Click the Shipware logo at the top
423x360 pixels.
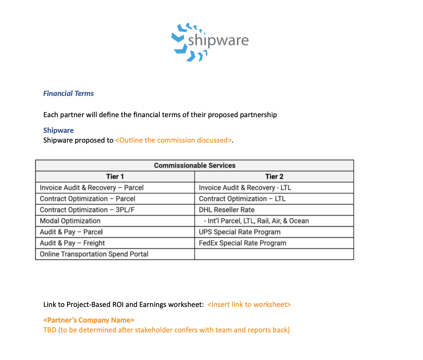[210, 41]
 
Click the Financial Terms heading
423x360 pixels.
[68, 93]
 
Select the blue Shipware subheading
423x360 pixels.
[58, 130]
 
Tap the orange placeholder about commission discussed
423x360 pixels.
[173, 140]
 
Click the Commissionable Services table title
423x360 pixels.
[195, 165]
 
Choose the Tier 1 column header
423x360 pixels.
[115, 177]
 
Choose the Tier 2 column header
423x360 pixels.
[274, 177]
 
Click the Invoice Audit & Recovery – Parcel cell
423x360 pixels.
[92, 188]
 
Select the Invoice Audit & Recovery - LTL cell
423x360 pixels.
[245, 188]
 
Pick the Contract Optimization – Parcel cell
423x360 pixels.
[87, 199]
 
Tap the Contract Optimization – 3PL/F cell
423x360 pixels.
[88, 210]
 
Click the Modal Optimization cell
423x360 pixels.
[70, 221]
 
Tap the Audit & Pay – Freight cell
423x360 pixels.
[72, 243]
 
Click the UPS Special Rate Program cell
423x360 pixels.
[240, 232]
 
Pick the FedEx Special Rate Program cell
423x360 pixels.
[243, 243]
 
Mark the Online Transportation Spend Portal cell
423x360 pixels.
[94, 254]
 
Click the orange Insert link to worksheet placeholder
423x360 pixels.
[249, 304]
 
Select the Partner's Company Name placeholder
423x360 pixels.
[89, 320]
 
